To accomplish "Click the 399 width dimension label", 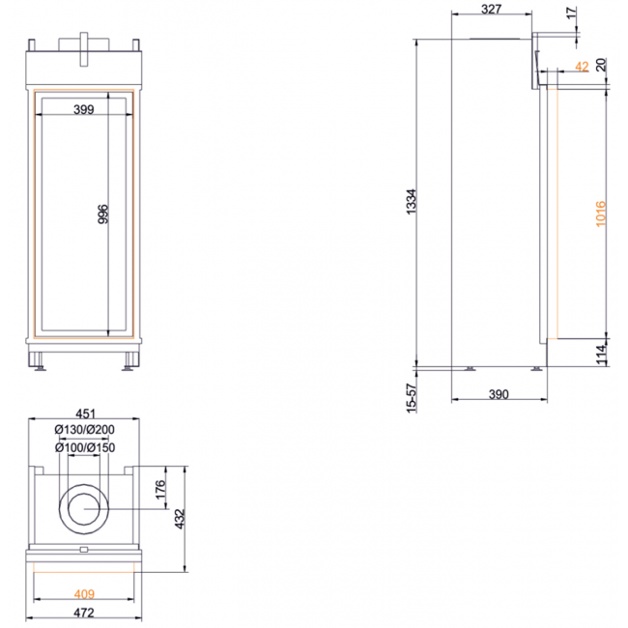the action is (x=84, y=109).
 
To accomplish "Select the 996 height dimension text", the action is (x=103, y=214).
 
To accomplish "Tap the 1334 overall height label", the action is (x=412, y=202).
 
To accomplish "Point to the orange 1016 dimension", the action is (x=601, y=214).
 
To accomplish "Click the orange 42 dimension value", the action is (x=582, y=67).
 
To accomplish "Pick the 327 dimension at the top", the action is (x=491, y=9).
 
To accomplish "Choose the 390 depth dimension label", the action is (x=499, y=394).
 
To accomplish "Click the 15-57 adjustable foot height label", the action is (x=412, y=398).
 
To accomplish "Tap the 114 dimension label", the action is (x=601, y=355).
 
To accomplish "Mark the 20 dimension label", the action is (x=601, y=65).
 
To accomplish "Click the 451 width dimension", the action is (x=85, y=414).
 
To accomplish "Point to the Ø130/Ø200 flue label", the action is (x=84, y=430).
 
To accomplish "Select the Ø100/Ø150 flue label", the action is (x=85, y=447).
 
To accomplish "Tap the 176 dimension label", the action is (x=160, y=490).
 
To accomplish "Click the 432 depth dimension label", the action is (x=180, y=519).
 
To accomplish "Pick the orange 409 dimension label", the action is (x=84, y=594).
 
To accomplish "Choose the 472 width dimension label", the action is (x=84, y=613).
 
